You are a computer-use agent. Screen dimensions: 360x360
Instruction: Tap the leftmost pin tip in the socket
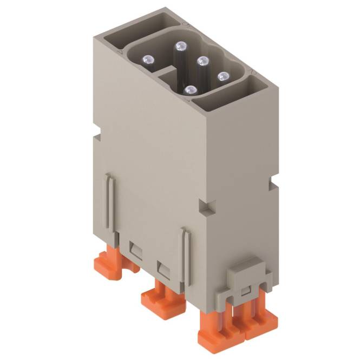(147, 58)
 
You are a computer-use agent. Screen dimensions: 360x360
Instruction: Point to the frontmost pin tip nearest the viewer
(189, 91)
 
